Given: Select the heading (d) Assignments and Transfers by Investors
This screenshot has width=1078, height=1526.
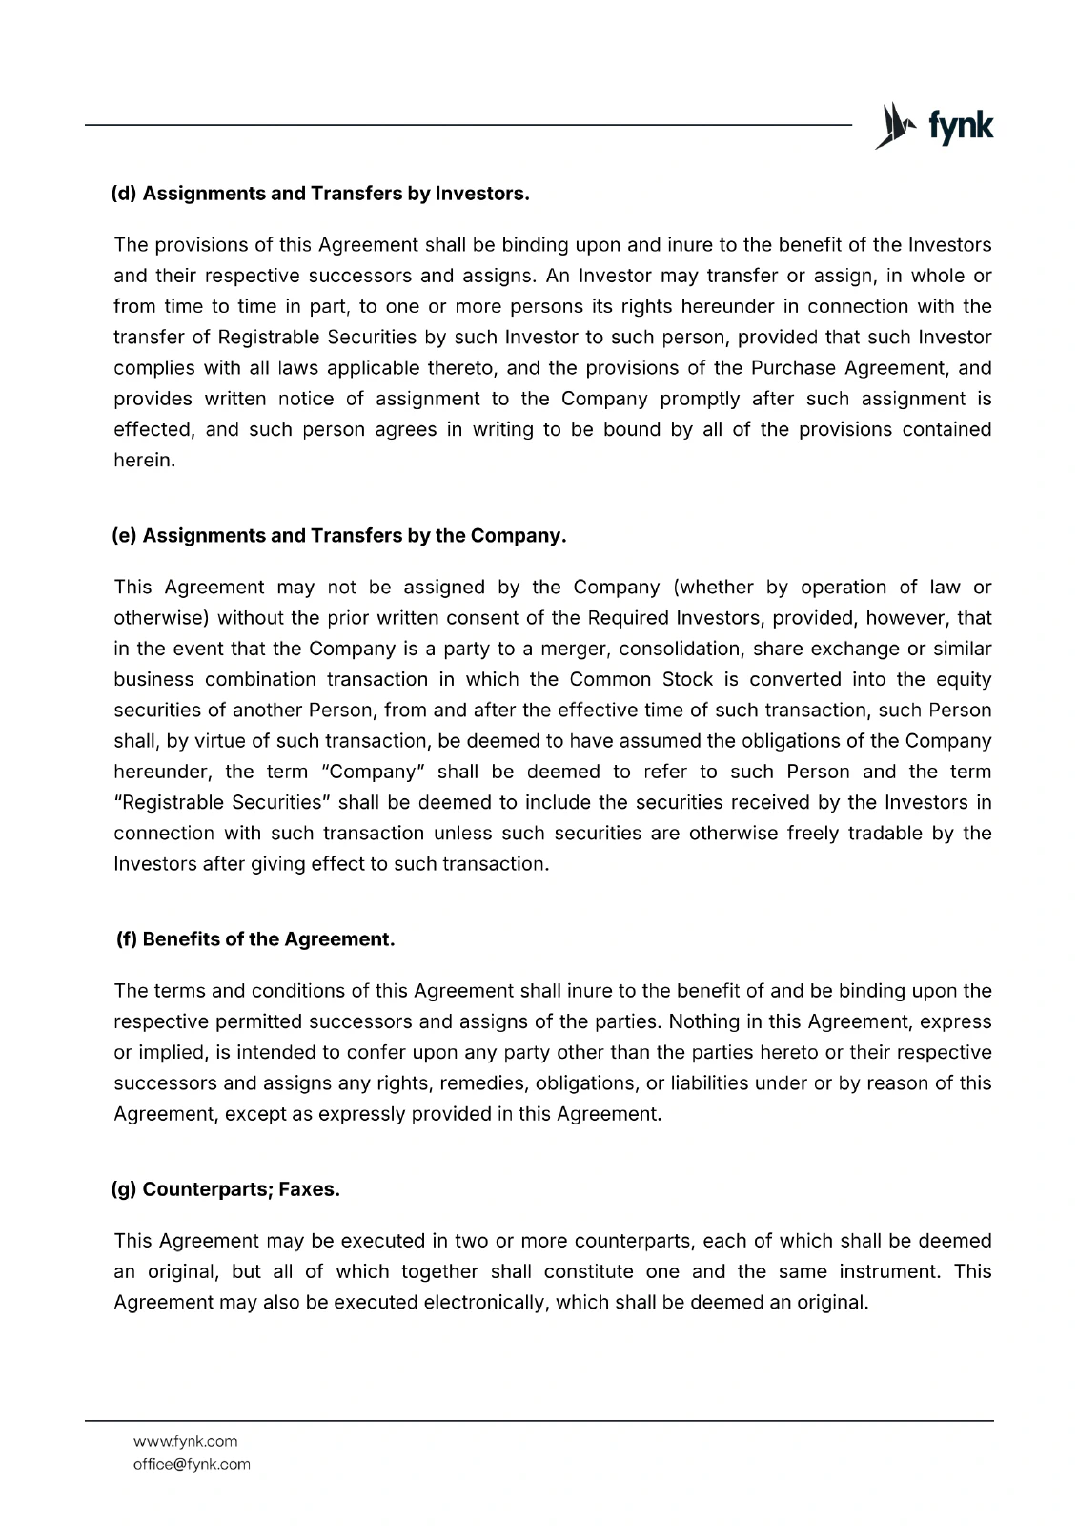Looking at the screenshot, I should [320, 194].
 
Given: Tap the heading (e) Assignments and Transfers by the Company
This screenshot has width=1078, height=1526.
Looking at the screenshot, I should [339, 536].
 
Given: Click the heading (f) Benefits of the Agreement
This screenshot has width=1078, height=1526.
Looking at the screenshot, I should [254, 939].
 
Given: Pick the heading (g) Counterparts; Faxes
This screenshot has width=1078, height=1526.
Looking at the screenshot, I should [226, 1190].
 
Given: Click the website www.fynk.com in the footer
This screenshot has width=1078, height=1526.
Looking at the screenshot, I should [185, 1441].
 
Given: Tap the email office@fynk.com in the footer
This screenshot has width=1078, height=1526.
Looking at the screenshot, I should [192, 1464].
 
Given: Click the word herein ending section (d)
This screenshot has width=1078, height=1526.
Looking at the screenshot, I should [144, 461].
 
